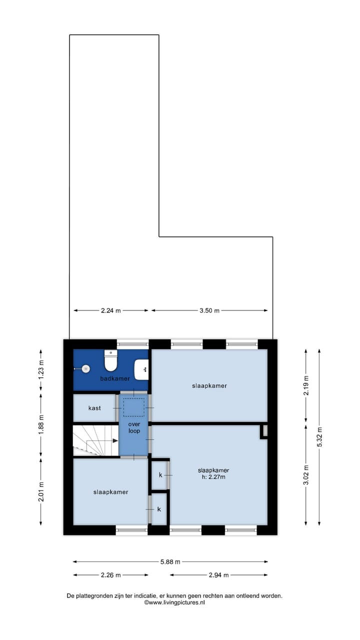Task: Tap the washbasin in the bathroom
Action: [141, 369]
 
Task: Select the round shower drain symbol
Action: [86, 368]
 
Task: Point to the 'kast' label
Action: [94, 408]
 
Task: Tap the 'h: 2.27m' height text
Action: [213, 477]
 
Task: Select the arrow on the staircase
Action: [115, 440]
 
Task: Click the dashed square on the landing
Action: [133, 407]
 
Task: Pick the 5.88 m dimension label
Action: [170, 561]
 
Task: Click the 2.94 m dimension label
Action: [218, 575]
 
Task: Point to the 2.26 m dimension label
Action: [110, 575]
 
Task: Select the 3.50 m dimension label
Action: [209, 310]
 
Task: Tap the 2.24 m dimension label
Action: [110, 310]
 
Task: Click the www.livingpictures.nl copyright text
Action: [174, 603]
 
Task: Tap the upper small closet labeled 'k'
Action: [160, 474]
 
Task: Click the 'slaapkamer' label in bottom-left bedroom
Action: [110, 492]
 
